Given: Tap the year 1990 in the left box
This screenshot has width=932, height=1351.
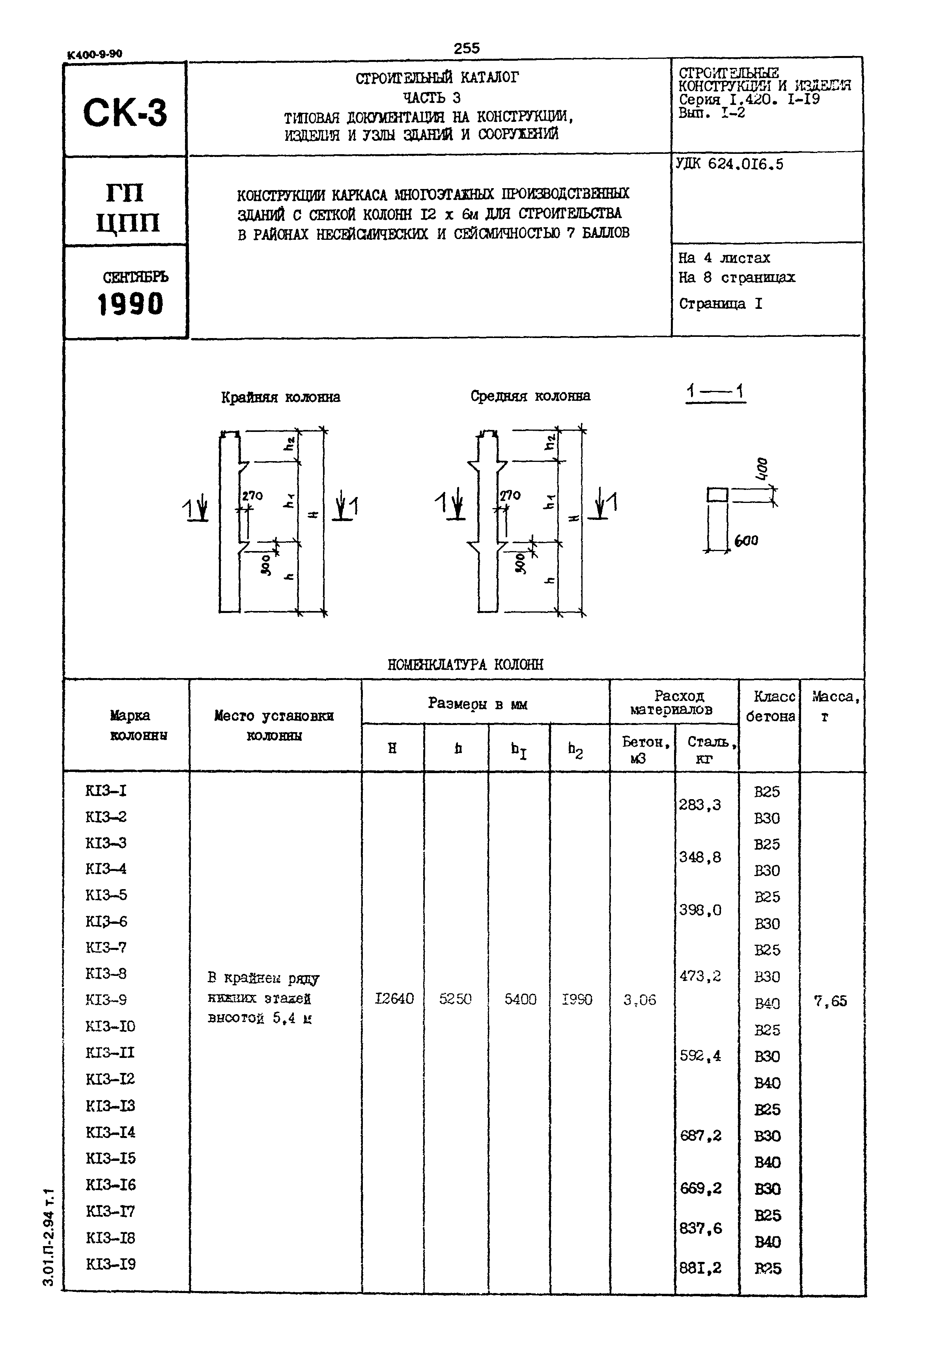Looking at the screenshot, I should (130, 304).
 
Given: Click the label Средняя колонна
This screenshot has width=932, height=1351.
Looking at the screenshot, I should (530, 396).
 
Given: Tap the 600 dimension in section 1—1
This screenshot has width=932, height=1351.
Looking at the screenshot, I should (746, 541).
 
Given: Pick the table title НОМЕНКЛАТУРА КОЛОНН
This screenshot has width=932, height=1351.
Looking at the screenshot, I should (465, 664).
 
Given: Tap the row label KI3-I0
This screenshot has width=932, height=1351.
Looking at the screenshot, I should (110, 1026).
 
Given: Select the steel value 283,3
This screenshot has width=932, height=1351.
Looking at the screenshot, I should (700, 805).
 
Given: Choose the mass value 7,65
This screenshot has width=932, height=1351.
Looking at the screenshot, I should (830, 1001).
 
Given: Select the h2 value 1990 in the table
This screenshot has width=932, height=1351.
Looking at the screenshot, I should (577, 1000).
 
